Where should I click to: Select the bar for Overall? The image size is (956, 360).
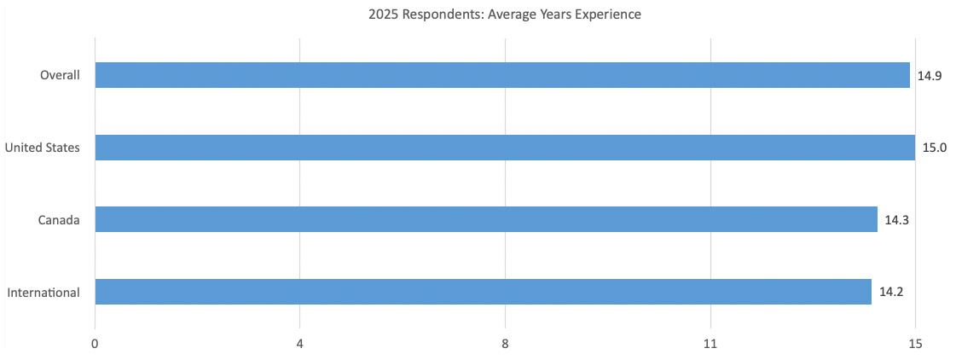click(x=501, y=75)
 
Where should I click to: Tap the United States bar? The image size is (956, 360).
click(x=504, y=148)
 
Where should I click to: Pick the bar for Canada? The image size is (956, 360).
click(x=485, y=219)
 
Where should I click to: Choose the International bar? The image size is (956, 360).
click(x=483, y=292)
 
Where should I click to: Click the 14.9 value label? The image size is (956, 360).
click(x=929, y=76)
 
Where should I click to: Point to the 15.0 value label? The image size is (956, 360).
click(x=935, y=148)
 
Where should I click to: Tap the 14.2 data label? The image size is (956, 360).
click(x=891, y=292)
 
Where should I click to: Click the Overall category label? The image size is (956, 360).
click(x=60, y=75)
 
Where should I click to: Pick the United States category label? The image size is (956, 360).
click(x=43, y=148)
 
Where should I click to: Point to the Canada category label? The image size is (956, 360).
click(x=59, y=220)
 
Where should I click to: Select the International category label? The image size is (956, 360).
click(x=43, y=293)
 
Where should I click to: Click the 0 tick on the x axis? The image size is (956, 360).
click(x=95, y=344)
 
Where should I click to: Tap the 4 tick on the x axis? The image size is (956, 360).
click(x=299, y=344)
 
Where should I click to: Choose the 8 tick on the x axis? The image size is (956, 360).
click(x=505, y=344)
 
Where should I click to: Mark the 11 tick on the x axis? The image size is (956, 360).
click(x=710, y=344)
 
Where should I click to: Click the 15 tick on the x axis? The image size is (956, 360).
click(x=915, y=344)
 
